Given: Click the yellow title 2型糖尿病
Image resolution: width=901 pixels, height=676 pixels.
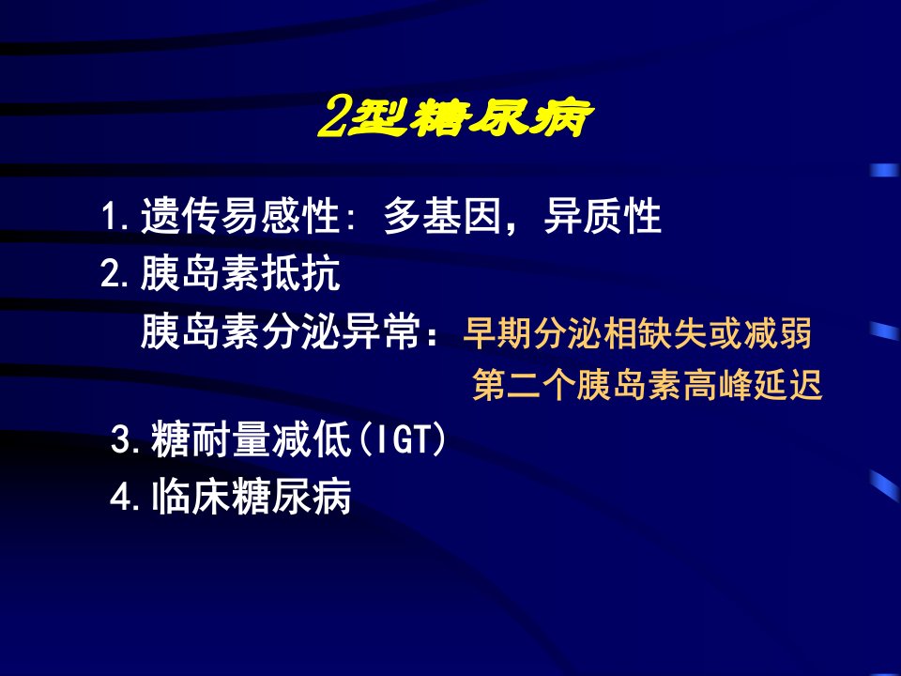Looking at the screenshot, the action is pos(455,117).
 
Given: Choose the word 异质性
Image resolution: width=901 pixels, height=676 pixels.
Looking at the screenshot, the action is pos(603,216).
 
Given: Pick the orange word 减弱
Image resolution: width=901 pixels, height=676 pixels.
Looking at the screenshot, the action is pos(777,332).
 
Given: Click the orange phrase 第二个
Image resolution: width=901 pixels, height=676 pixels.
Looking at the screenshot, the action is pos(524,385).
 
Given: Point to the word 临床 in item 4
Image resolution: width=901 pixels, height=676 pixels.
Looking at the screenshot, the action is pos(191,496).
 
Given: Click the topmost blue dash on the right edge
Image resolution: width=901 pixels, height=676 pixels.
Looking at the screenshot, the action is pos(884,170).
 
